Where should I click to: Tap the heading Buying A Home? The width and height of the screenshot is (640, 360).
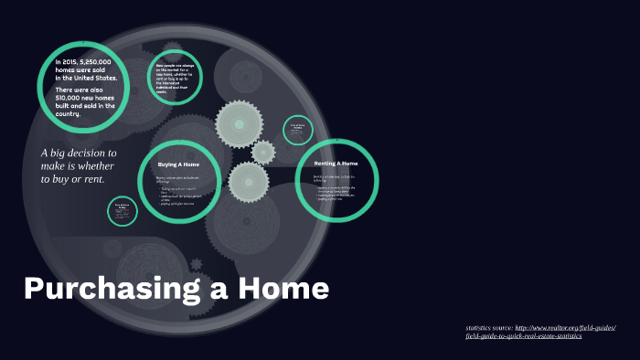tap(178, 164)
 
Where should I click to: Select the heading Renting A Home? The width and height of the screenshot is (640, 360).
tap(336, 163)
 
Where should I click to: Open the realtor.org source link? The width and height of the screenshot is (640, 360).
tap(566, 327)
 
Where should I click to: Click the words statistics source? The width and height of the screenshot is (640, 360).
tap(489, 327)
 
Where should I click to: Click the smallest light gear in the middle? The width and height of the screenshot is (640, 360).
tap(263, 152)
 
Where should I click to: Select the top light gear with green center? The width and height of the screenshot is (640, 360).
tap(240, 122)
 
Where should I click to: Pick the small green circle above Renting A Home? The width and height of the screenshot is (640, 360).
tap(296, 129)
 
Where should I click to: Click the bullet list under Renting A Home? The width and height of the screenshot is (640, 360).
tap(336, 193)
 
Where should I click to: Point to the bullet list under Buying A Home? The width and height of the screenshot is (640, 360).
tap(179, 195)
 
